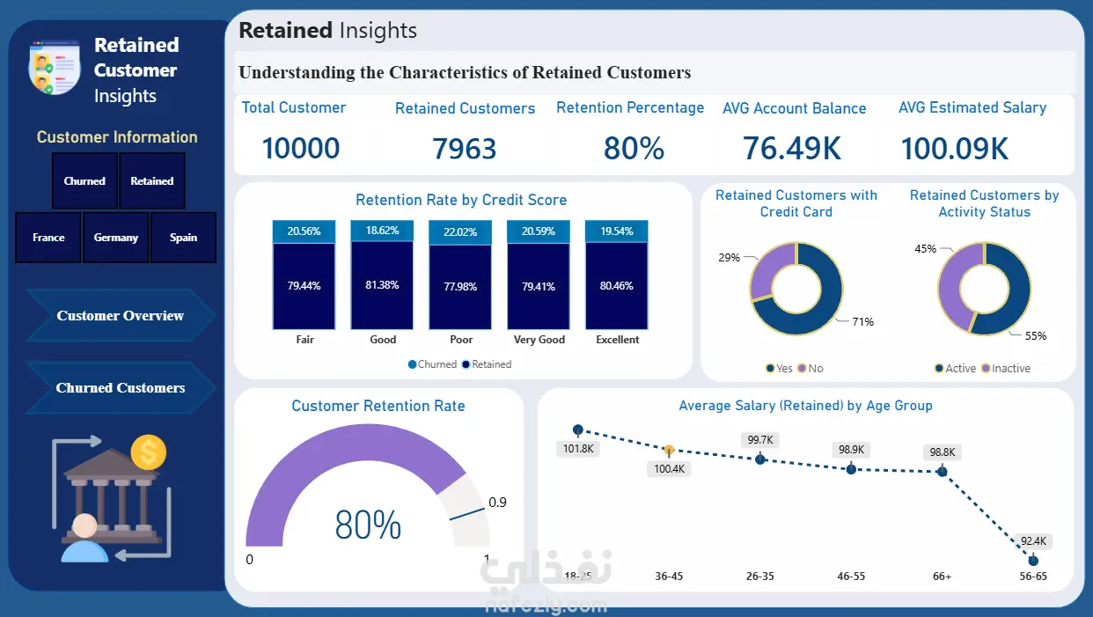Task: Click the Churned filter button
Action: coord(84,181)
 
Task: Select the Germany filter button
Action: coord(115,238)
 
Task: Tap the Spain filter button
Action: coord(183,238)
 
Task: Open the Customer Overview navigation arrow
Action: coord(120,315)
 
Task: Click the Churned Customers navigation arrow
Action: coord(120,387)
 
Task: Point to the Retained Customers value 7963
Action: coord(464,149)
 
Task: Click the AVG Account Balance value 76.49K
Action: coord(792,149)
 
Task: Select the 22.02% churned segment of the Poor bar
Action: coord(460,232)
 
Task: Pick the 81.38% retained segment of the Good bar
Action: coord(382,285)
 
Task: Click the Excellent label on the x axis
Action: coord(617,340)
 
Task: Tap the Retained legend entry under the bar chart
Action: coord(487,364)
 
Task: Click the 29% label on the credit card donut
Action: coord(729,257)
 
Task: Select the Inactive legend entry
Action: coord(1006,368)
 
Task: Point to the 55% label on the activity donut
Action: coord(1036,336)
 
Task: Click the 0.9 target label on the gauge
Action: coord(498,503)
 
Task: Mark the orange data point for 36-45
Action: coord(669,450)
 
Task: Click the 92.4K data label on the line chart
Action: coord(1033,540)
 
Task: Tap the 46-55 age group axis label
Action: coord(851,576)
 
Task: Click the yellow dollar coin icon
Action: coord(149,452)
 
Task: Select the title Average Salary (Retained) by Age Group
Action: coord(805,406)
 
